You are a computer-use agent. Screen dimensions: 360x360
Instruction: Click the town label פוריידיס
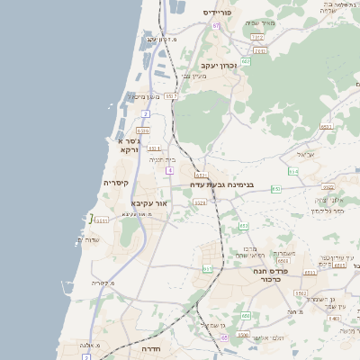tap(219, 13)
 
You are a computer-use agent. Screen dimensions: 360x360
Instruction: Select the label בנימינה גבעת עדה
tap(221, 185)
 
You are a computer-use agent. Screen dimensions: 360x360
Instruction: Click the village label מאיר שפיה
tap(261, 23)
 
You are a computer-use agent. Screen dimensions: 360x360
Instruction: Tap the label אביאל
tap(305, 155)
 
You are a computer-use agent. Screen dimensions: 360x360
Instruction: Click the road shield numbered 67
tap(217, 25)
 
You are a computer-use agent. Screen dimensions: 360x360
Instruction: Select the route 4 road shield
tap(168, 169)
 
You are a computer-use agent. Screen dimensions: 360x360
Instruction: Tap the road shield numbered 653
tap(275, 189)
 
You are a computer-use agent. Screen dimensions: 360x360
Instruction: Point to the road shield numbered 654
tap(292, 170)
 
